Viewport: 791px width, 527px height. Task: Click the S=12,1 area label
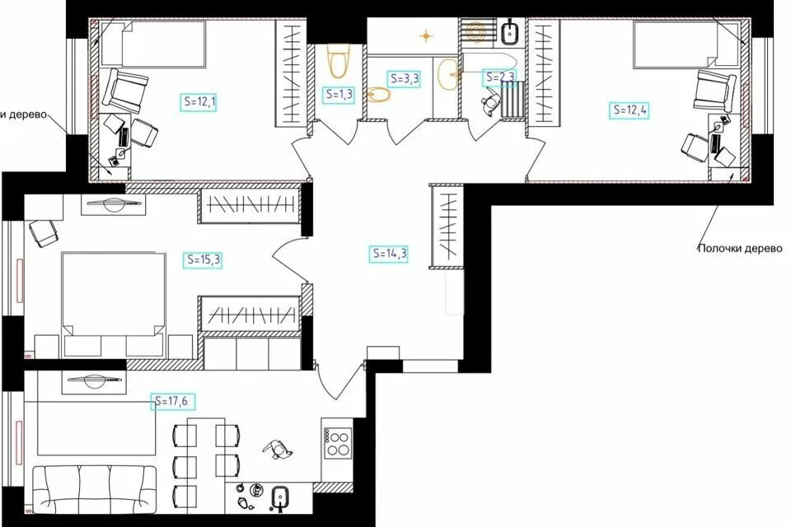tap(199, 102)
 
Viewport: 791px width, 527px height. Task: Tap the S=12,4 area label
tap(630, 110)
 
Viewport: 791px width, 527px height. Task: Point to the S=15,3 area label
tap(203, 259)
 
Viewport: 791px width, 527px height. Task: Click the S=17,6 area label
tap(172, 402)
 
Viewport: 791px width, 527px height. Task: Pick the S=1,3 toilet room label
tap(339, 95)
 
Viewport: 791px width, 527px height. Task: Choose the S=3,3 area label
tap(405, 79)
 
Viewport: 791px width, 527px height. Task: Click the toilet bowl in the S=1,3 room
tap(338, 60)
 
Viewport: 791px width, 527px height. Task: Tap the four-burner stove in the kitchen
tap(338, 443)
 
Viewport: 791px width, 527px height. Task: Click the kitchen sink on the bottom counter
tap(279, 499)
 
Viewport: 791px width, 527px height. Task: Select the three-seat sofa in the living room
tap(94, 489)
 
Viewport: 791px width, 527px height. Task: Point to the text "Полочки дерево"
tap(740, 248)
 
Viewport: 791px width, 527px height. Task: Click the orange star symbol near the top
tap(427, 35)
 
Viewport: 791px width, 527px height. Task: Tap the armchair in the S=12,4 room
tap(715, 91)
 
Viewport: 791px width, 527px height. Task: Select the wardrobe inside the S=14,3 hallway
tap(447, 226)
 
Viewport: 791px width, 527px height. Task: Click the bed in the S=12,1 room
tap(152, 44)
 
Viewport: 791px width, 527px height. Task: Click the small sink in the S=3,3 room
tap(379, 95)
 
